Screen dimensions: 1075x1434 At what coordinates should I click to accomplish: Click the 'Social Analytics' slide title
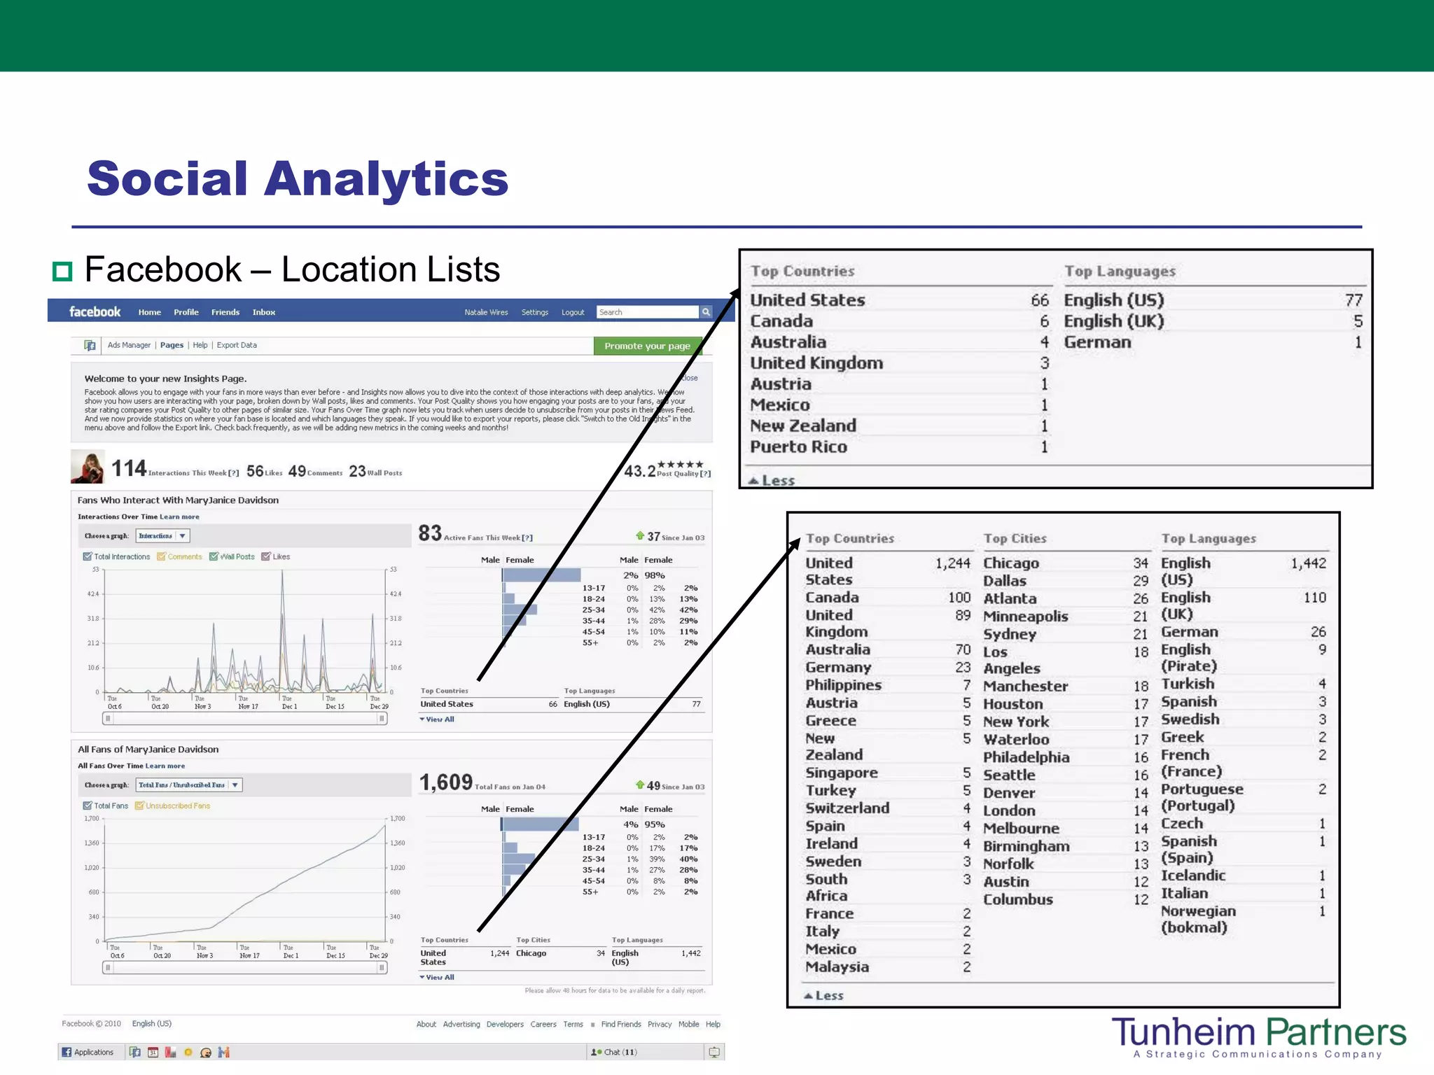[x=298, y=178]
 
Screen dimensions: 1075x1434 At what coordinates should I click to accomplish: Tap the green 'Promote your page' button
[x=647, y=346]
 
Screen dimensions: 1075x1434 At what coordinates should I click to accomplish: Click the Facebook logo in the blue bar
[x=95, y=312]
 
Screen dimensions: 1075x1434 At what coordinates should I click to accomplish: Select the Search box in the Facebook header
[x=647, y=312]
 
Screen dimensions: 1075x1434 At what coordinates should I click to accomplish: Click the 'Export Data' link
[x=237, y=345]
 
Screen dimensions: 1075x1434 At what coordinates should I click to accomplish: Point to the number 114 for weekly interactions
[x=129, y=468]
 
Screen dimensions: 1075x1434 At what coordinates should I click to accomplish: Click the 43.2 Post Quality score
[x=639, y=471]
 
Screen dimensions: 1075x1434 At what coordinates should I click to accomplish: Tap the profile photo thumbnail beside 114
[x=88, y=467]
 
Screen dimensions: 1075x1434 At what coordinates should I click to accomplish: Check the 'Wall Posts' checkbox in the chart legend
[x=214, y=556]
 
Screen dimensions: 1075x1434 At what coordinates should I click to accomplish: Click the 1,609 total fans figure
[x=446, y=782]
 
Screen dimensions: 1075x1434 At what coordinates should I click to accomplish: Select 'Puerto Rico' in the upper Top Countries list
[x=798, y=447]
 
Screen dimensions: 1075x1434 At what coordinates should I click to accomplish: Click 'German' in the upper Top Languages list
[x=1097, y=342]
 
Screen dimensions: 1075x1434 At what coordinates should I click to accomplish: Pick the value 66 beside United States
[x=1040, y=300]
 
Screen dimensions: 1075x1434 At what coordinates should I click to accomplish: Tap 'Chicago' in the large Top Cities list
[x=1011, y=563]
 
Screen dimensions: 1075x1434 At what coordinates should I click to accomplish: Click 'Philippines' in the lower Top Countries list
[x=843, y=685]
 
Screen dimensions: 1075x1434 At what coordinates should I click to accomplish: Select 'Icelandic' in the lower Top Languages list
[x=1193, y=876]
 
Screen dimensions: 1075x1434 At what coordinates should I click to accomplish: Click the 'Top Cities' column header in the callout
[x=1015, y=538]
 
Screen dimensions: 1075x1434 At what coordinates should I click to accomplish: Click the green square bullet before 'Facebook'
[x=63, y=271]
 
